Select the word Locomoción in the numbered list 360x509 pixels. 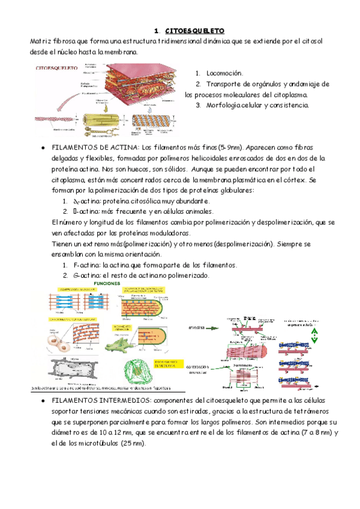tap(224, 72)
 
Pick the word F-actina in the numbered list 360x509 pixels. tap(86, 265)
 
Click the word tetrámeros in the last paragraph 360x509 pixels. tap(302, 410)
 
